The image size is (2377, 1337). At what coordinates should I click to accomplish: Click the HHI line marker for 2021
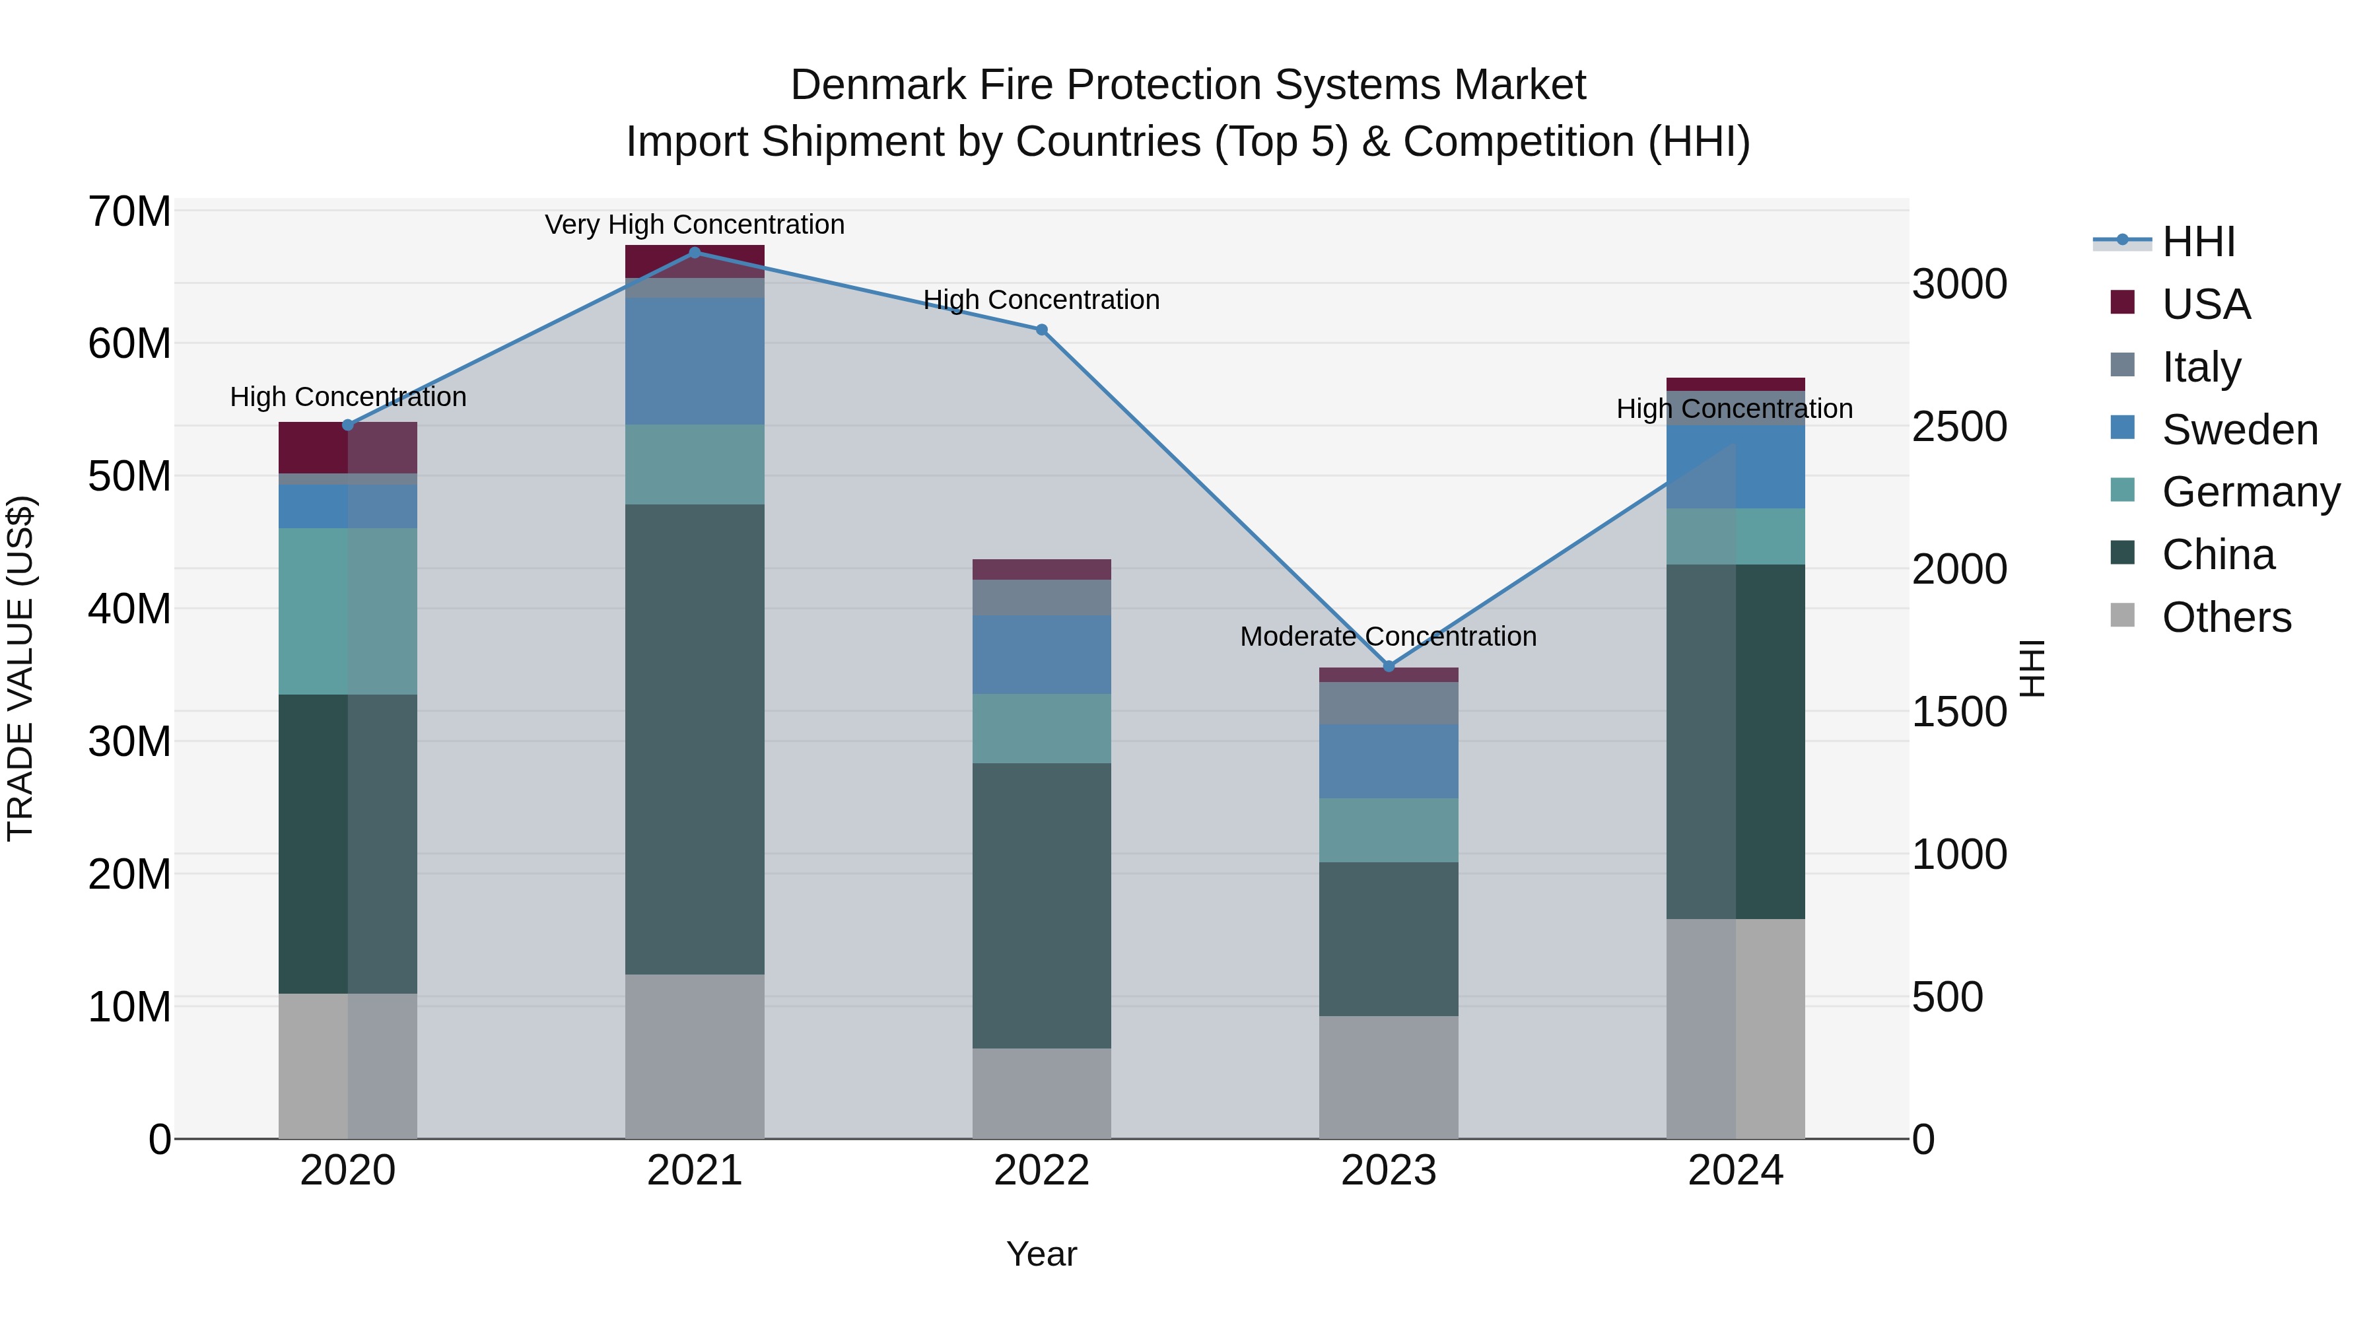pos(695,253)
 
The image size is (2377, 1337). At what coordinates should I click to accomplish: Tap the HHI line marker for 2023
pos(1389,666)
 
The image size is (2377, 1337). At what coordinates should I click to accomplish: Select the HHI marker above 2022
pos(1042,329)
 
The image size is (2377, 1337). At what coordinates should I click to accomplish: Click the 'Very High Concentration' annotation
pos(694,225)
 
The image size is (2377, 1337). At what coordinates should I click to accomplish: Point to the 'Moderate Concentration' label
pos(1388,636)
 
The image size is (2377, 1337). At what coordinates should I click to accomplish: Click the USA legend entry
pos(2205,304)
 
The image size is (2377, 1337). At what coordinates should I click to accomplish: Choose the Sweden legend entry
pos(2240,430)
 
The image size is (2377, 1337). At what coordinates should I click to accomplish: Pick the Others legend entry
pos(2226,617)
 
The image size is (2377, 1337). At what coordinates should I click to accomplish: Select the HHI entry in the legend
pos(2198,242)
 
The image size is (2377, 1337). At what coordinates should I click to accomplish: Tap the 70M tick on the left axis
pos(129,212)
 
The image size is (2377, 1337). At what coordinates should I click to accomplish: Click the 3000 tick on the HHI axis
pos(1959,284)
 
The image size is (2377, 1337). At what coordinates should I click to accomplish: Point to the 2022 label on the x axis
pos(1042,1171)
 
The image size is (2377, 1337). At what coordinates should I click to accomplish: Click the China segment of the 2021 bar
pos(695,738)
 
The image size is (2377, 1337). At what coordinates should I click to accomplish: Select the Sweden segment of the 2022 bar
pos(1042,654)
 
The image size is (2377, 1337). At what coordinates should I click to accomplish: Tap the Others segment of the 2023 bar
pos(1389,1077)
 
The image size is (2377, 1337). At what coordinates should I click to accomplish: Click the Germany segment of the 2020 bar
pos(348,611)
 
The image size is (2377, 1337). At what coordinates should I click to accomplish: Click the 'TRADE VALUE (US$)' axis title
pos(21,668)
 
